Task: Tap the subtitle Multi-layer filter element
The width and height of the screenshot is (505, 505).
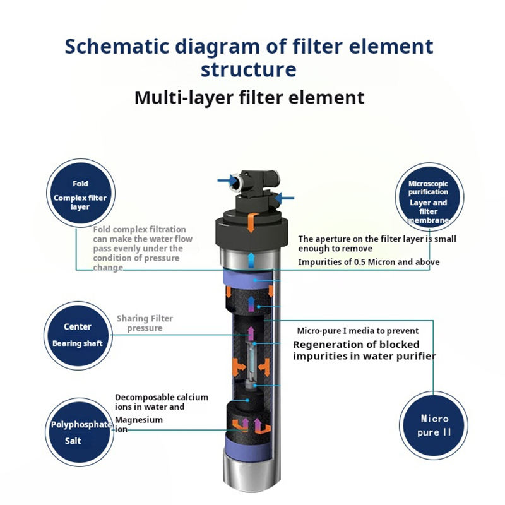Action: (x=249, y=97)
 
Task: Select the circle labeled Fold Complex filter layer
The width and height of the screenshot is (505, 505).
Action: (x=80, y=193)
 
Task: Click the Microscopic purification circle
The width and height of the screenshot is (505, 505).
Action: (x=429, y=193)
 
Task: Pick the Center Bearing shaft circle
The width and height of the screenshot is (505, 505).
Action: (x=77, y=335)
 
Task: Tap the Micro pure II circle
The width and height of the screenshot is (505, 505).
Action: (x=434, y=425)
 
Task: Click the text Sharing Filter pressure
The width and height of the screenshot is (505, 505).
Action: (x=145, y=323)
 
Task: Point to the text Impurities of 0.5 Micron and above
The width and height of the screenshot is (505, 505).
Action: (x=369, y=262)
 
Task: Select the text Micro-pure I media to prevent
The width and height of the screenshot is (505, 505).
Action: (x=357, y=331)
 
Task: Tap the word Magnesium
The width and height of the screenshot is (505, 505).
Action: (x=139, y=420)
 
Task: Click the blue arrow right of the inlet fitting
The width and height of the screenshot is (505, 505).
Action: (x=285, y=198)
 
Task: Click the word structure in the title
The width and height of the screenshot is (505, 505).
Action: (x=249, y=69)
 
